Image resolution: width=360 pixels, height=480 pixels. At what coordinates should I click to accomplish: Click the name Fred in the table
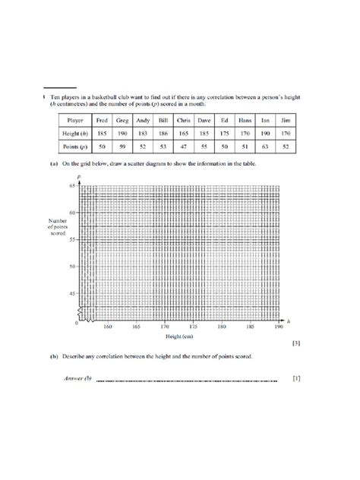[101, 120]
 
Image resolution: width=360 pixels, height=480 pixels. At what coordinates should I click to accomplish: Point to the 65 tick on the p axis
[73, 185]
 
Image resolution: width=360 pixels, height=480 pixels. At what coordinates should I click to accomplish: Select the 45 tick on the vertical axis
[73, 293]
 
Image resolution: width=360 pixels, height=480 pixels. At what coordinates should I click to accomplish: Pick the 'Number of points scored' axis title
[61, 226]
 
